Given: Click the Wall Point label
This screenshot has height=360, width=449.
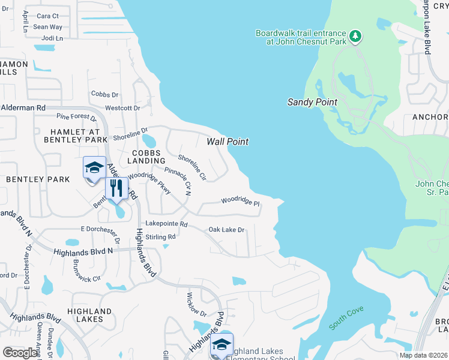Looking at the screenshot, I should click(x=228, y=142).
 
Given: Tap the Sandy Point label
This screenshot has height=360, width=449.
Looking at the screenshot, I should click(x=312, y=102).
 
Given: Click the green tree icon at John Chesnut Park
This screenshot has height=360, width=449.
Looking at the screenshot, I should click(x=356, y=37).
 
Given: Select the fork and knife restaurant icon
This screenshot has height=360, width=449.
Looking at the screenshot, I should click(x=116, y=188).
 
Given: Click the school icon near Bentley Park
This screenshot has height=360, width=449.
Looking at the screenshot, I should click(x=94, y=169).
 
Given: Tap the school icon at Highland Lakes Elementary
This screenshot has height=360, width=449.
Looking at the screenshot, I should click(x=221, y=345).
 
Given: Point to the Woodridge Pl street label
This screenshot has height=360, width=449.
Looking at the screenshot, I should click(x=240, y=202).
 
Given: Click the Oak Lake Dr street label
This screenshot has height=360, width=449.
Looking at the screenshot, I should click(x=226, y=230).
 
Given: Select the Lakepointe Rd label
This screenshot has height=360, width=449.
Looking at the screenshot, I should click(x=168, y=224).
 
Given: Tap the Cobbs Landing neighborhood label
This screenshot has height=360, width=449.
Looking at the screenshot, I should click(x=146, y=157).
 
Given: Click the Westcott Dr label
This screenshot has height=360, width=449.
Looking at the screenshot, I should click(x=122, y=108).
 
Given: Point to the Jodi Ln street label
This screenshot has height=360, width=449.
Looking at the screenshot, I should click(x=52, y=38).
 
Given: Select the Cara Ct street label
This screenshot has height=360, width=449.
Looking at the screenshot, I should click(x=48, y=16).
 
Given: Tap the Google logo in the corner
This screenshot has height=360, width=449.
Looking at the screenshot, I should click(x=20, y=353).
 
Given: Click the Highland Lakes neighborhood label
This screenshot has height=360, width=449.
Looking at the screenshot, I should click(x=89, y=316).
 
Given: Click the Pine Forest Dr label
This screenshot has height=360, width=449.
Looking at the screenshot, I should click(x=76, y=117).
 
